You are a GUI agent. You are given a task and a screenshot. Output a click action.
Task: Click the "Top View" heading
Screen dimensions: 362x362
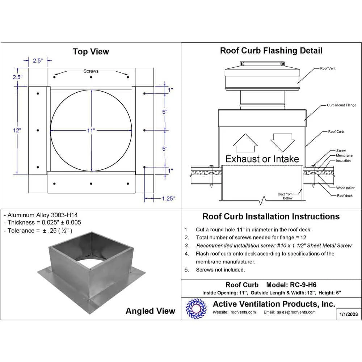[x=91, y=51]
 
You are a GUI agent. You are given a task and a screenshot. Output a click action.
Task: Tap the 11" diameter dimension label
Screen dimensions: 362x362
[x=91, y=131]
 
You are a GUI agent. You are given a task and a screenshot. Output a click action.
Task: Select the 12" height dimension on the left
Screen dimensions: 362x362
[x=17, y=130]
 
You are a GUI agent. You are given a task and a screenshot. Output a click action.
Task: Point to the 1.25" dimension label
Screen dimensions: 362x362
[x=168, y=198]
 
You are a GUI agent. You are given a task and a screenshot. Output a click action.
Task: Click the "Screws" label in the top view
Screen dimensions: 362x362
[x=91, y=71]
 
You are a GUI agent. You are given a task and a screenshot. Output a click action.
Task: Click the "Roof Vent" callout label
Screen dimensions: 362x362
[x=328, y=68]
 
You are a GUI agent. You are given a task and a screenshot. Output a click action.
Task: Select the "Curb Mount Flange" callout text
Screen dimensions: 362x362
[x=341, y=105]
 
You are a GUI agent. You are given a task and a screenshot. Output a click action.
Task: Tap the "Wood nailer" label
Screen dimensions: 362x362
[x=345, y=188]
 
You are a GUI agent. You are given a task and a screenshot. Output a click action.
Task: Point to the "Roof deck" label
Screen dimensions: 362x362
[x=345, y=195]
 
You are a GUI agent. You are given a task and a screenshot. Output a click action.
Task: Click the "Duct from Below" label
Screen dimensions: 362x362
[x=285, y=196]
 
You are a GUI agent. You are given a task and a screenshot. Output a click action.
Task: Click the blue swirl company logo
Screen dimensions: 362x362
[x=196, y=309]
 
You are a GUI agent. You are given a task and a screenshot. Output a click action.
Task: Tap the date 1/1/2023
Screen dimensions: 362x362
[x=349, y=314]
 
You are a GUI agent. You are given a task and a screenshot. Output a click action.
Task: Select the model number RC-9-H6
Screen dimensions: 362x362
[x=303, y=285]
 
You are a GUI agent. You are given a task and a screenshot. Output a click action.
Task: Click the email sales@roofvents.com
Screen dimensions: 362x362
[x=296, y=312]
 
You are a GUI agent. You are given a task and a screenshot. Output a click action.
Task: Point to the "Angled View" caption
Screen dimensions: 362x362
[x=150, y=311]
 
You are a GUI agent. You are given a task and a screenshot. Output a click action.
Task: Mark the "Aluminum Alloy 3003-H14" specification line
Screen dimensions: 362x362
[x=41, y=215]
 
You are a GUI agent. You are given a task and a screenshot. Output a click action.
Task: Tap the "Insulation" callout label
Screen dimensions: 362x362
[x=343, y=161]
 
